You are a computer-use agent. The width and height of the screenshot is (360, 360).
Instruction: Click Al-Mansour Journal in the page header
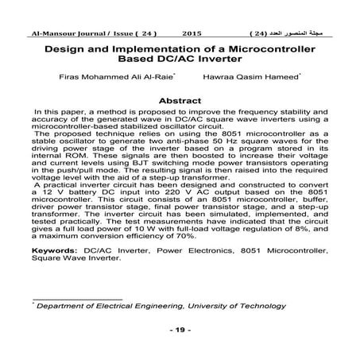pos(61,35)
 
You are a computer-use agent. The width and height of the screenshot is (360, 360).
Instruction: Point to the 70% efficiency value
pos(209,236)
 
